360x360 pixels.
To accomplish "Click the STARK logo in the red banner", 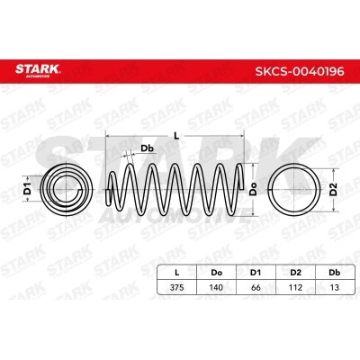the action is (38, 70).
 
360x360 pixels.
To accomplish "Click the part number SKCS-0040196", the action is (300, 71).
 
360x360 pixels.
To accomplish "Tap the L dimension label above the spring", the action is (176, 136).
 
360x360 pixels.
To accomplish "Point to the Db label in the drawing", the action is (148, 148).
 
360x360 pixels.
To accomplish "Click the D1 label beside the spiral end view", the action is (28, 188).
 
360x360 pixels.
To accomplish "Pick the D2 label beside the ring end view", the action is (333, 190).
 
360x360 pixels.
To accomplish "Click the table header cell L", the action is (177, 273).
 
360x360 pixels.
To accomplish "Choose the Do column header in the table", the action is (217, 273).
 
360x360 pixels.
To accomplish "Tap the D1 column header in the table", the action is (256, 273).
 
